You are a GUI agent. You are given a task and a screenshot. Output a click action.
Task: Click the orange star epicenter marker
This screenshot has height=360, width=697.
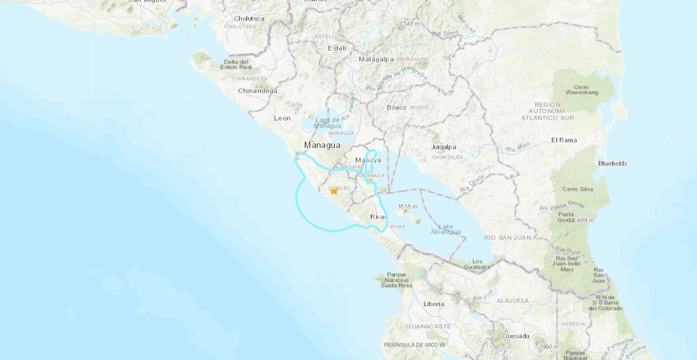pyautogui.click(x=334, y=191)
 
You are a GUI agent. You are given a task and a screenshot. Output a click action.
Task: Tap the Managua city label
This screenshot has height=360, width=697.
pyautogui.click(x=322, y=145)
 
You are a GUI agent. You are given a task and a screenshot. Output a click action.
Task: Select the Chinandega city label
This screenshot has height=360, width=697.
pyautogui.click(x=258, y=91)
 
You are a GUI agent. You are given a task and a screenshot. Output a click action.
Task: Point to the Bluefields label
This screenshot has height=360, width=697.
pyautogui.click(x=612, y=164)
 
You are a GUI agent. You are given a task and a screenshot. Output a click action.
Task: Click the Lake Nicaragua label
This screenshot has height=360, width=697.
pyautogui.click(x=446, y=229)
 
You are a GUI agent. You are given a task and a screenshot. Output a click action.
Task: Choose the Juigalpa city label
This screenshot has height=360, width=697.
pyautogui.click(x=443, y=147)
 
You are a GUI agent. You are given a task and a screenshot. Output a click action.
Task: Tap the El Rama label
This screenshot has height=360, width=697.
pyautogui.click(x=564, y=140)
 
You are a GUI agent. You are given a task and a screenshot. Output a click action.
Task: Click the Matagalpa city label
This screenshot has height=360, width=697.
pyautogui.click(x=376, y=59)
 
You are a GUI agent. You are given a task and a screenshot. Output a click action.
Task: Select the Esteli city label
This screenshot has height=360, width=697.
pyautogui.click(x=337, y=48)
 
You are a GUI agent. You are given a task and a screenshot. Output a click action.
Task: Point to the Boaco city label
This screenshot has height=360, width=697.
pyautogui.click(x=397, y=107)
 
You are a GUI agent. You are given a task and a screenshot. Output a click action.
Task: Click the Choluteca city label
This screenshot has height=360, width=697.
pyautogui.click(x=249, y=18)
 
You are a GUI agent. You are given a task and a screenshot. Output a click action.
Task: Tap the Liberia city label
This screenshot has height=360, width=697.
pyautogui.click(x=434, y=304)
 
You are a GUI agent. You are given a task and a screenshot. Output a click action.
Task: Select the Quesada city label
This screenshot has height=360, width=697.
pyautogui.click(x=516, y=336)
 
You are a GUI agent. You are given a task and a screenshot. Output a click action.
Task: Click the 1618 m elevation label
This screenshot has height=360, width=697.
pyautogui.click(x=407, y=206)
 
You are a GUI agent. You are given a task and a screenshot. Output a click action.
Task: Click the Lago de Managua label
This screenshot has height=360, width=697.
pyautogui.click(x=327, y=122)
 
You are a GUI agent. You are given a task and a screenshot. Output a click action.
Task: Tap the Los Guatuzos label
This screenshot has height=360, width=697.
pyautogui.click(x=481, y=264)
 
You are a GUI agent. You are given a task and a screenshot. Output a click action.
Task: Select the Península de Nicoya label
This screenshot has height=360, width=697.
pyautogui.click(x=414, y=345)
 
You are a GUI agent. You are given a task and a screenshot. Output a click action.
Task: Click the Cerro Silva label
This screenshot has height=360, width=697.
pyautogui.click(x=578, y=189)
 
